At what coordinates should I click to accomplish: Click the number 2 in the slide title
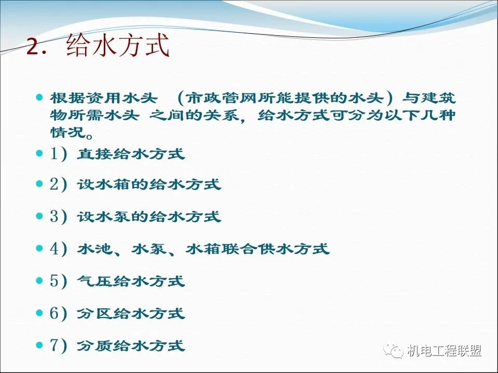[x=35, y=48]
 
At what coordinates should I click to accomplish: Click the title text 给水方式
[x=118, y=47]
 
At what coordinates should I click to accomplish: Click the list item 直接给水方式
[x=131, y=154]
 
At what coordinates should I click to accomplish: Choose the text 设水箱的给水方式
[x=149, y=185]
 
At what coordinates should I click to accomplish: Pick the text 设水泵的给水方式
[x=149, y=217]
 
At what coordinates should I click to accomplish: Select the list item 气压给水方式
[x=131, y=281]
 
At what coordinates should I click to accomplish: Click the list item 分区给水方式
[x=131, y=313]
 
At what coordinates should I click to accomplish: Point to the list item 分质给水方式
[x=131, y=346]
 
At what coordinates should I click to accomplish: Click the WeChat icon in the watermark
[x=394, y=351]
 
